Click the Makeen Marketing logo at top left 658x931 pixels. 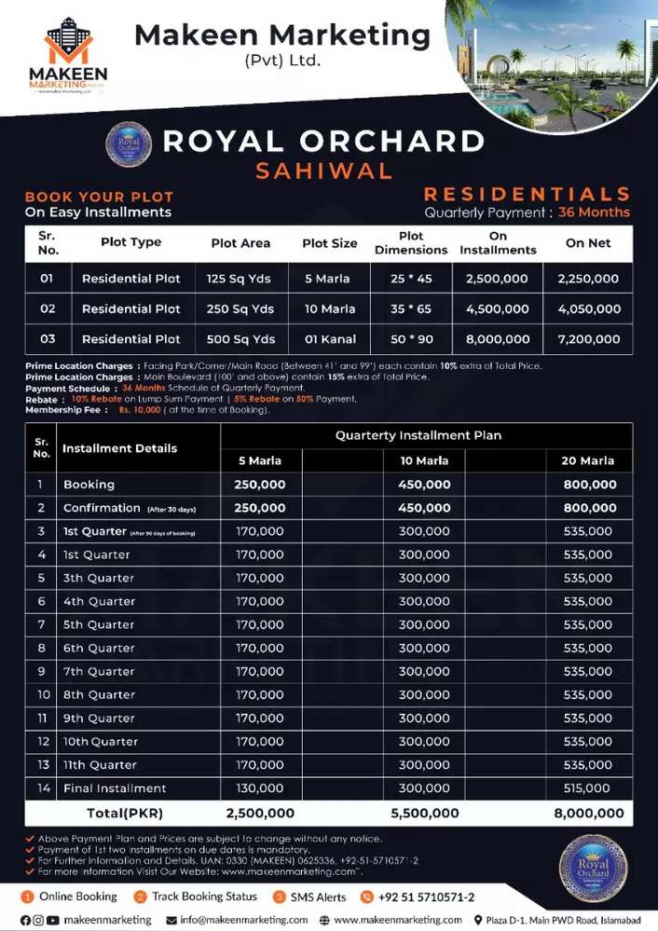point(75,53)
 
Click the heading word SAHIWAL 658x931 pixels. point(323,171)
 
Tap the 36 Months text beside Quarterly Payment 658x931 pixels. point(594,212)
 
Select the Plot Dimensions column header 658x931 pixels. point(411,243)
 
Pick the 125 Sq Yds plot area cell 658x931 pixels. point(241,279)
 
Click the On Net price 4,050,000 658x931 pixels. point(588,308)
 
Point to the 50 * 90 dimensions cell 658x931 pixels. point(411,339)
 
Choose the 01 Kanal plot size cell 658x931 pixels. point(329,339)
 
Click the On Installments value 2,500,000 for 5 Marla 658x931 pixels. point(498,279)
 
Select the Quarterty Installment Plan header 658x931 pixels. point(418,435)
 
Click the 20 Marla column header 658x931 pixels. point(588,460)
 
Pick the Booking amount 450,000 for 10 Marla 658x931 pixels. point(424,485)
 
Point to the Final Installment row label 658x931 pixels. point(102,788)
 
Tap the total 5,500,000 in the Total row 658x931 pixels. point(424,813)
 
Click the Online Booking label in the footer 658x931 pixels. point(78,897)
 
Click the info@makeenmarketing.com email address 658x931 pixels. point(243,920)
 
